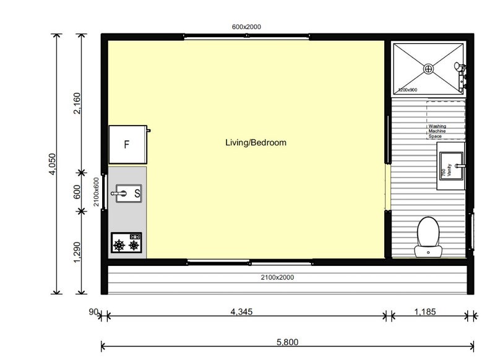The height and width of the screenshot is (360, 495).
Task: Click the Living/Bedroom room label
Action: (256, 143)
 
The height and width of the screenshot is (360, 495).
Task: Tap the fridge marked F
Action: (127, 145)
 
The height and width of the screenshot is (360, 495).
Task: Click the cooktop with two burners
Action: (126, 242)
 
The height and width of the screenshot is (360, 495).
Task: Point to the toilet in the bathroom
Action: (428, 236)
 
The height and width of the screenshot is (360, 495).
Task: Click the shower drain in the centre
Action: (428, 68)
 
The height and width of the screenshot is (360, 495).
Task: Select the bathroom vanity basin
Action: (452, 165)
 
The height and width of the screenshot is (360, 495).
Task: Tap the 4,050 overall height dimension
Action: (53, 164)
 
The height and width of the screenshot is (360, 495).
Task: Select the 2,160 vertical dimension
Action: (77, 103)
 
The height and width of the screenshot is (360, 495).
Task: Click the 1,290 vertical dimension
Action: (77, 252)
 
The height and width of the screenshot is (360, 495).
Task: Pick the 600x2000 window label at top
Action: (247, 27)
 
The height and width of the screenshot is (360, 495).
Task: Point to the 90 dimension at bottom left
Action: (93, 312)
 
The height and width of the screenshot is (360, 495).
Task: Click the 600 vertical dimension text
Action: (77, 192)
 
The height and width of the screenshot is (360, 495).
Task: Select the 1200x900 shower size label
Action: (408, 90)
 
